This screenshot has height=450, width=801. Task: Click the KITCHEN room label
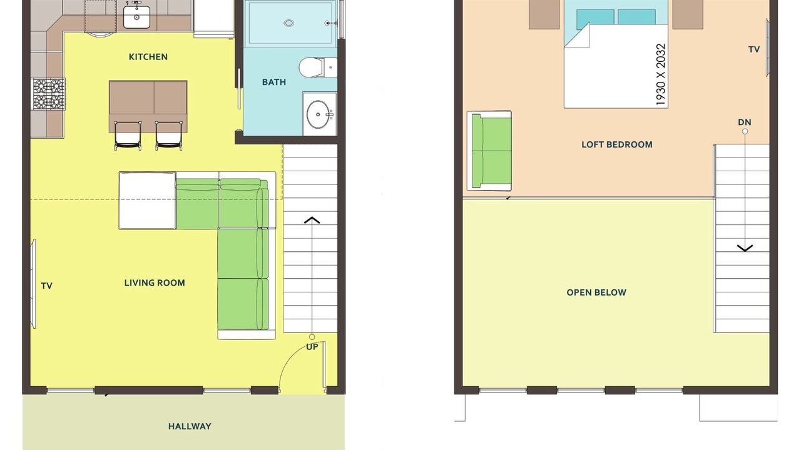tap(148, 57)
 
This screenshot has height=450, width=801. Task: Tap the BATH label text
tap(274, 82)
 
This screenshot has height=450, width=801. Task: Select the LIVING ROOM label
tap(155, 283)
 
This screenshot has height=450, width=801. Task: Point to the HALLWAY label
tap(190, 426)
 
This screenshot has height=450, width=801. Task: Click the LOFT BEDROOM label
tap(617, 144)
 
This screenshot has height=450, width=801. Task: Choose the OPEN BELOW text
tap(596, 292)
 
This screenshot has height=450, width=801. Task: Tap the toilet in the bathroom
tap(317, 67)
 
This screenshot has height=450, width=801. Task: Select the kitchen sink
tap(136, 17)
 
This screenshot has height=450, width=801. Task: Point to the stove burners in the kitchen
tap(49, 94)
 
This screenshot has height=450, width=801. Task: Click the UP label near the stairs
tap(312, 347)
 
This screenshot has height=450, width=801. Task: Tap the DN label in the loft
tap(745, 122)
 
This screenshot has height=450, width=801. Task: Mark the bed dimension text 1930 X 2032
tap(661, 74)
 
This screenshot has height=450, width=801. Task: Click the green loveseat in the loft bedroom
tap(489, 151)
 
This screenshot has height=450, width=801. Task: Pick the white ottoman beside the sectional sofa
tap(147, 201)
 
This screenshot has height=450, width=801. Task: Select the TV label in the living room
tap(46, 286)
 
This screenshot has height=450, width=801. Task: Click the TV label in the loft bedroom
tap(754, 49)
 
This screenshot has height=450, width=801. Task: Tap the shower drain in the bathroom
tap(289, 23)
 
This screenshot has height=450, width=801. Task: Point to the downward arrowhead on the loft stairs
tap(745, 248)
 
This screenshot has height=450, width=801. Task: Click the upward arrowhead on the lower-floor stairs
tap(312, 220)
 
